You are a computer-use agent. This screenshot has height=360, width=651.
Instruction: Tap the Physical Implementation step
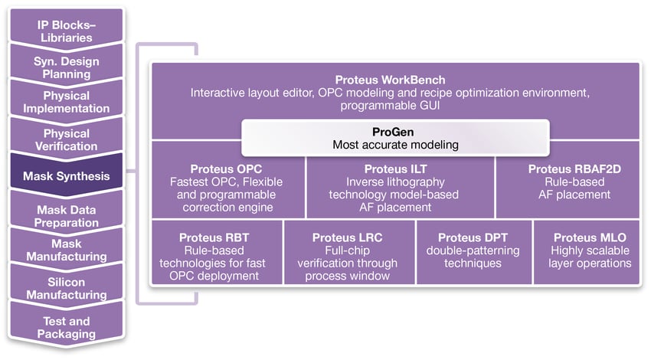tap(66, 102)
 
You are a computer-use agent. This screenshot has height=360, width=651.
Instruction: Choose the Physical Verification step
tap(66, 139)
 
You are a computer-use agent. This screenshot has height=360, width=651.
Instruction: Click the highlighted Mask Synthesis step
tap(66, 176)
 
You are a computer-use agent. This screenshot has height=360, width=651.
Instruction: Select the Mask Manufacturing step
tap(66, 250)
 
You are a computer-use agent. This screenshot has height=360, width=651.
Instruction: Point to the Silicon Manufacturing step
tap(66, 287)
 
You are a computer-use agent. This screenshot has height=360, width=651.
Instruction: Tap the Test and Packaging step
tap(66, 327)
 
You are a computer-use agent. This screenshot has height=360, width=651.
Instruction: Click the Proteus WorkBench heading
tap(390, 80)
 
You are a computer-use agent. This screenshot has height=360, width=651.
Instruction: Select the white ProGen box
tap(395, 137)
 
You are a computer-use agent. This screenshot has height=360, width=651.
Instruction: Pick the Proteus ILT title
tap(394, 169)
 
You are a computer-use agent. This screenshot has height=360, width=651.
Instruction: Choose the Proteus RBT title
tap(214, 237)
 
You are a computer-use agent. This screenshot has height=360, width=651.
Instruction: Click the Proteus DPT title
tap(473, 237)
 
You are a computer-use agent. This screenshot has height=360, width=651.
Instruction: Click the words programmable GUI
tap(391, 106)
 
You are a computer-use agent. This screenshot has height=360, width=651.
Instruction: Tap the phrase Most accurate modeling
tap(395, 144)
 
